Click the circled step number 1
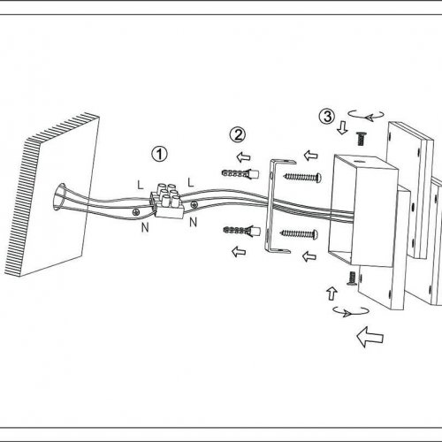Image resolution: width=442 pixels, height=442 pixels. [x=159, y=154]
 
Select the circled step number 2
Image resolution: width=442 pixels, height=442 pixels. [x=237, y=134]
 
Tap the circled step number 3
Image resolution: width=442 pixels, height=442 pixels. [x=327, y=117]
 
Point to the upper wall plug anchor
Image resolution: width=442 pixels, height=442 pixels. [x=240, y=173]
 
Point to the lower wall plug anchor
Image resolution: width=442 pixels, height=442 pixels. [x=241, y=231]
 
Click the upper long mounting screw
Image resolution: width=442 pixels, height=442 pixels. [x=302, y=177]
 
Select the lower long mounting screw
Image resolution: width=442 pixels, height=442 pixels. [x=299, y=234]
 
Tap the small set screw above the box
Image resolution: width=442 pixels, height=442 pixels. [x=361, y=139]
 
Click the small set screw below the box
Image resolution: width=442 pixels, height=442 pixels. [x=351, y=278]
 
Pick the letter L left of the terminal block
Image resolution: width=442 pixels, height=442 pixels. [x=141, y=185]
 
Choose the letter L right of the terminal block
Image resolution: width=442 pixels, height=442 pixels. [x=191, y=183]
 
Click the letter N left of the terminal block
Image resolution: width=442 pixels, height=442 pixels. [x=145, y=227]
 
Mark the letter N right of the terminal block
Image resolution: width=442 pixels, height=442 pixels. [x=193, y=222]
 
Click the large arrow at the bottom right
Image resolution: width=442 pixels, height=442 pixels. [x=370, y=337]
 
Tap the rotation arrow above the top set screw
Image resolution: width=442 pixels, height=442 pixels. [x=366, y=117]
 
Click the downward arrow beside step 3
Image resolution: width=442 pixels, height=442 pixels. [x=342, y=128]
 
